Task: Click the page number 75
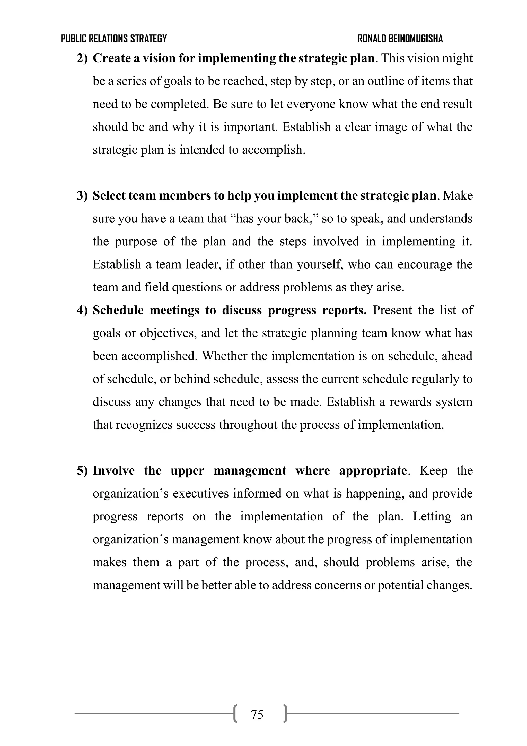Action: [x=257, y=715]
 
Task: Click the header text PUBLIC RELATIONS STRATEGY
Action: [x=114, y=39]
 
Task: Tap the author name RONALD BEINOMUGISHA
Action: [x=400, y=39]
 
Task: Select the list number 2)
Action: [x=82, y=58]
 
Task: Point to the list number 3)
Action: [x=82, y=196]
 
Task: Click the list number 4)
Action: [x=82, y=310]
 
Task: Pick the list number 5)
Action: [x=82, y=471]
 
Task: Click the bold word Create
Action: [x=111, y=58]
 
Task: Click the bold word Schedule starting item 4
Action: [x=118, y=310]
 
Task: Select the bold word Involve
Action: [x=114, y=471]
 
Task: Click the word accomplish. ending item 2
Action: [x=273, y=150]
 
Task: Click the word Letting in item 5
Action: [x=432, y=517]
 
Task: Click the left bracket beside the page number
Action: [x=235, y=715]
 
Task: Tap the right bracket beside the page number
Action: [x=285, y=715]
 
